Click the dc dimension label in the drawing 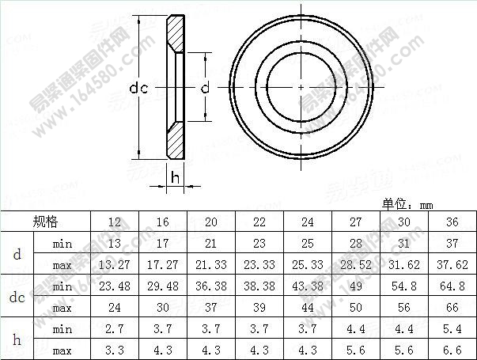click(139, 88)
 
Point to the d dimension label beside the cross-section click(204, 88)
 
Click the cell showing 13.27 click(115, 265)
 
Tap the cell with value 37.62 click(452, 265)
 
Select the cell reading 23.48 click(115, 286)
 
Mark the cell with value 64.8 click(452, 286)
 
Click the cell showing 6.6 click(452, 349)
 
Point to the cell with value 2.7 click(115, 328)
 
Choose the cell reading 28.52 click(355, 265)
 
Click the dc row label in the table click(18, 297)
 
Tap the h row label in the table click(18, 339)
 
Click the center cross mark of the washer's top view click(301, 85)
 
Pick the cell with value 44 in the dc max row click(307, 307)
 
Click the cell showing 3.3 click(115, 349)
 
